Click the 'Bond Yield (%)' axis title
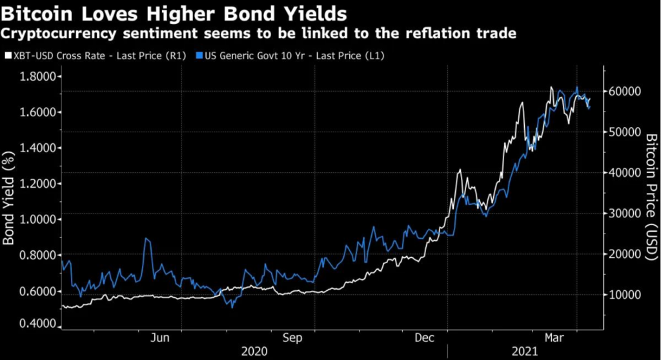pyautogui.click(x=9, y=200)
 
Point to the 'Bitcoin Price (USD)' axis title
pyautogui.click(x=651, y=194)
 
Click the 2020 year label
pyautogui.click(x=253, y=352)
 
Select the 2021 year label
pyautogui.click(x=524, y=352)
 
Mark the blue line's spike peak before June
pyautogui.click(x=147, y=239)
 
